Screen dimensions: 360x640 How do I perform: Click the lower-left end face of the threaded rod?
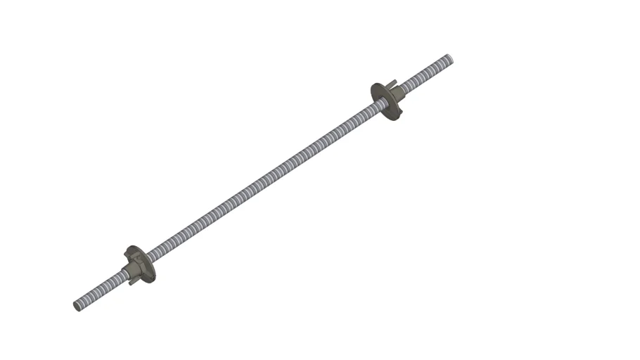(77, 306)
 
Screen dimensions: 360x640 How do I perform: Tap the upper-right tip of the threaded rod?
(449, 58)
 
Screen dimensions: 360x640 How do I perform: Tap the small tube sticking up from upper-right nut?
(392, 83)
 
